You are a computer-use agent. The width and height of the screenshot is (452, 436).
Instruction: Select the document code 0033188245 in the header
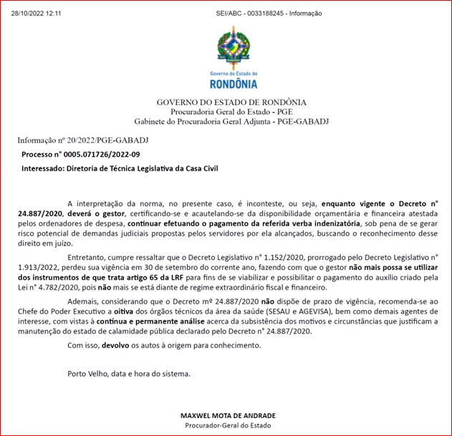(x=262, y=13)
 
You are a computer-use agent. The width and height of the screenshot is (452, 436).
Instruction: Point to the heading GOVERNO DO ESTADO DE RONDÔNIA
(x=231, y=102)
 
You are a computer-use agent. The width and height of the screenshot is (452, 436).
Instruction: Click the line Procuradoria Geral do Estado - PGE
(x=231, y=112)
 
